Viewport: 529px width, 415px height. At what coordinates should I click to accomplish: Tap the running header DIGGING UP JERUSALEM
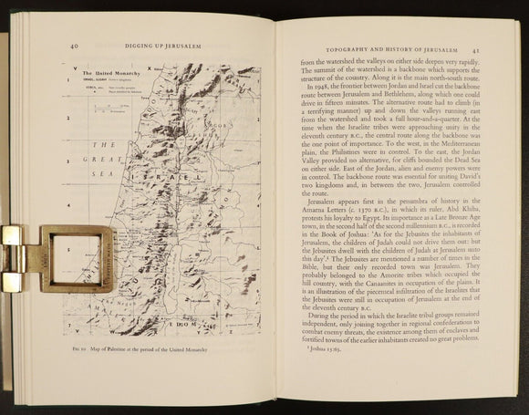tap(161, 43)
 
